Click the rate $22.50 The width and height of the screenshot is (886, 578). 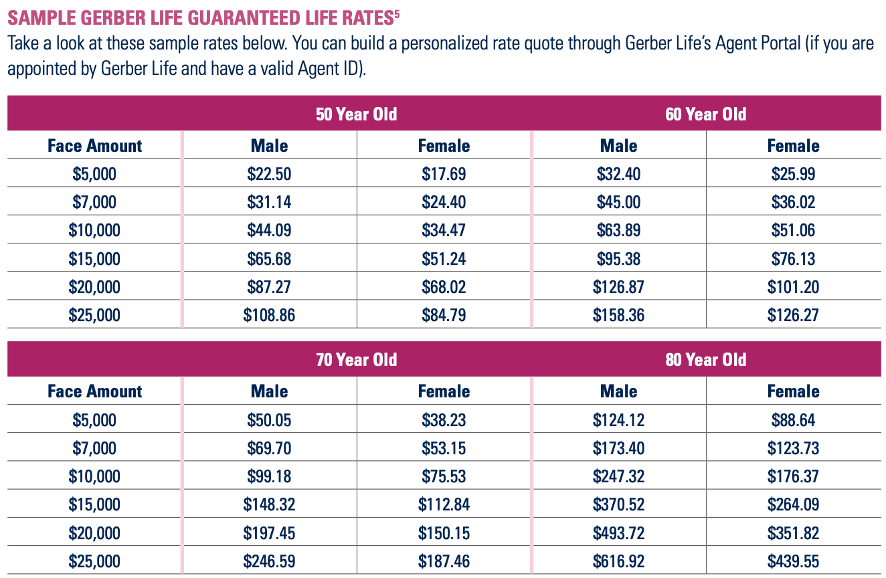[x=269, y=175]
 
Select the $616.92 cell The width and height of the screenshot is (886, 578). [x=618, y=561]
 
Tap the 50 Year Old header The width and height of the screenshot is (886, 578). [x=357, y=114]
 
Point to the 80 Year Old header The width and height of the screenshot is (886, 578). [x=706, y=359]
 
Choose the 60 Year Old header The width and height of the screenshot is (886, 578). [x=706, y=114]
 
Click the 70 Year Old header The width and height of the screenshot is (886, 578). [x=357, y=359]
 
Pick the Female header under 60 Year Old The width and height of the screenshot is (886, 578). [x=793, y=146]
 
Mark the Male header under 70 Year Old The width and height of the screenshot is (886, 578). [x=269, y=391]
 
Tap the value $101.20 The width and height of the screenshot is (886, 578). [x=793, y=287]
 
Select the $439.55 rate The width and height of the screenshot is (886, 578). [x=793, y=561]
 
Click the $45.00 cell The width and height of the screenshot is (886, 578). [x=618, y=202]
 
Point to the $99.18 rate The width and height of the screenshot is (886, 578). [x=269, y=476]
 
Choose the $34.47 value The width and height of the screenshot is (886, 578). [x=444, y=231]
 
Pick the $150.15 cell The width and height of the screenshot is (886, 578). [x=444, y=533]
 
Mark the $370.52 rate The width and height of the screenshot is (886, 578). [x=618, y=504]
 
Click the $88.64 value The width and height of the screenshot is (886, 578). [x=793, y=420]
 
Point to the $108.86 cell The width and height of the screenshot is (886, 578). [x=269, y=315]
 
